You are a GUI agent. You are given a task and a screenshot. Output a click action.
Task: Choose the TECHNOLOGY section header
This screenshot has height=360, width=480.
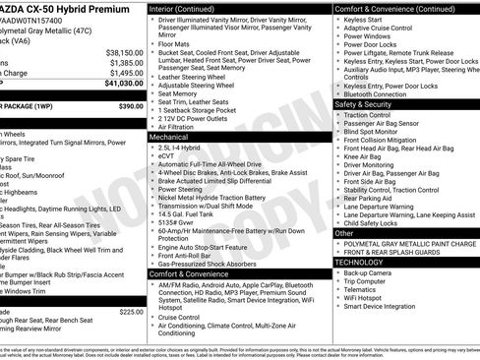pos(359,263)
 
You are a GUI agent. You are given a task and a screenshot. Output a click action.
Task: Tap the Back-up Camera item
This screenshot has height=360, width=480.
pos(373,272)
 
